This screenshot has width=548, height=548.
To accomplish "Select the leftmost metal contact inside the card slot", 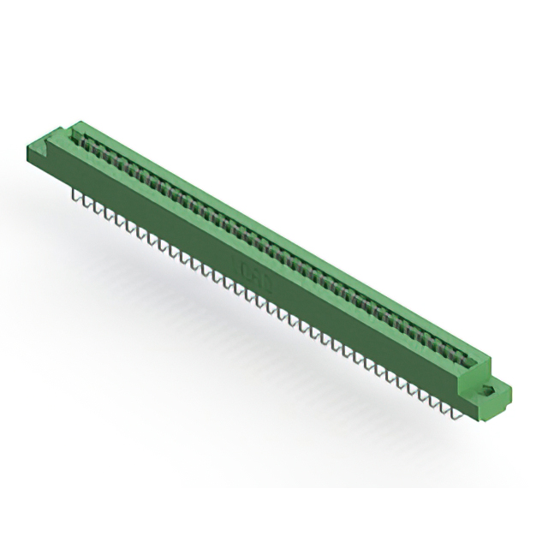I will [x=86, y=137].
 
